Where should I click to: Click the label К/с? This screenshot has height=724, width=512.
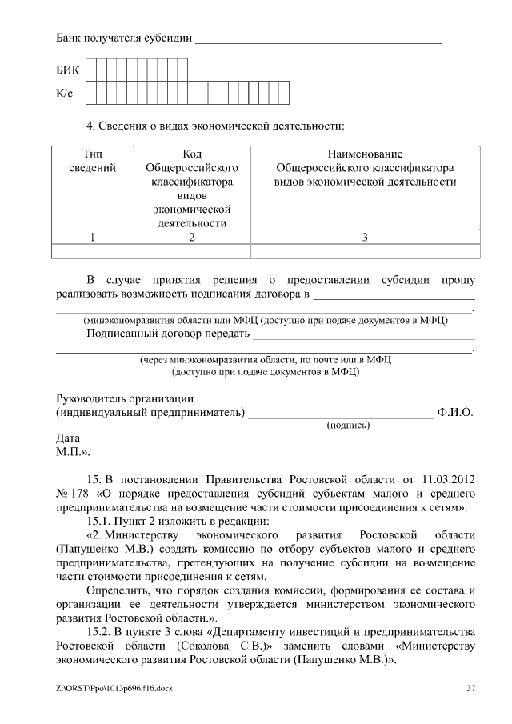tap(65, 94)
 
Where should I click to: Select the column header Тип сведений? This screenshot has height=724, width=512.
tap(93, 161)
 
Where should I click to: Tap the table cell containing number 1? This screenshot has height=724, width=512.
tap(93, 237)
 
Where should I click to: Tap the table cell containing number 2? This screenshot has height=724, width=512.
tap(192, 237)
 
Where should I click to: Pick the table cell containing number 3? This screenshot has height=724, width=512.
tap(365, 237)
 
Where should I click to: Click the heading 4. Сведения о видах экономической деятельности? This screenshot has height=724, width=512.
tap(215, 126)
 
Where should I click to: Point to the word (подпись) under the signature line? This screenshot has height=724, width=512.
tap(349, 426)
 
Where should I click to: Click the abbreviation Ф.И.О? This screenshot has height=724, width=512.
tap(455, 413)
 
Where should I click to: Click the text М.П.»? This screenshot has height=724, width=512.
tap(73, 452)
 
